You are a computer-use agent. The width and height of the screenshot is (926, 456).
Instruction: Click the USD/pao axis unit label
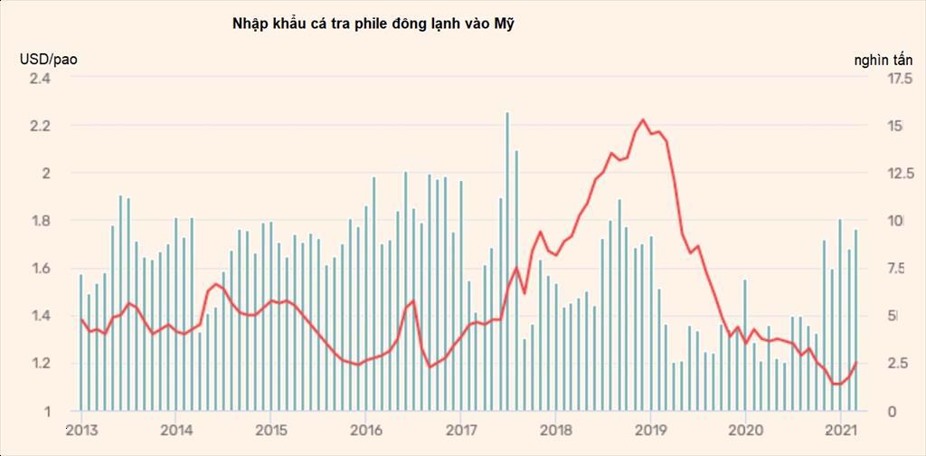(49, 60)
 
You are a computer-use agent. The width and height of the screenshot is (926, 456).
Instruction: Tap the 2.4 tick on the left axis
(42, 78)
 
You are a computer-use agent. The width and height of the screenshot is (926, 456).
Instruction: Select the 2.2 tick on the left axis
(42, 126)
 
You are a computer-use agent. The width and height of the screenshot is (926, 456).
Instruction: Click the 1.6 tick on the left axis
(42, 269)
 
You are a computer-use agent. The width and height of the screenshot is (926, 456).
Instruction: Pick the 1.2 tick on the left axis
(42, 364)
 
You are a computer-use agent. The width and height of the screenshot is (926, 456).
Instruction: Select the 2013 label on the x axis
(80, 430)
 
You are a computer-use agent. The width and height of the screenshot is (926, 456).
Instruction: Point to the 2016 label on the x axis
(364, 430)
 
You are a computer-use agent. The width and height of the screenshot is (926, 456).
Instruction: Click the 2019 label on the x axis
(650, 430)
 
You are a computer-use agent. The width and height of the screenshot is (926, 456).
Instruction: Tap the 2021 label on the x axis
(841, 430)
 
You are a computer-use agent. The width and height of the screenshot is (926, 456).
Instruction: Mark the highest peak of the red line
(642, 119)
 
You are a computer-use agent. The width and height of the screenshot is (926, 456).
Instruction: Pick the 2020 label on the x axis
(745, 430)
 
